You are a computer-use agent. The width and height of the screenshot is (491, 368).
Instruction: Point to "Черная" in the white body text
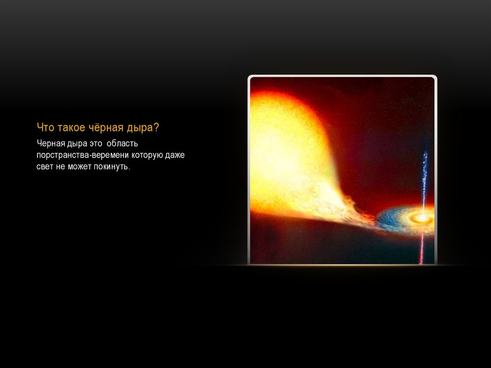point(49,143)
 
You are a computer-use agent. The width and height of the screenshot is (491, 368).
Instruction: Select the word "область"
point(122,143)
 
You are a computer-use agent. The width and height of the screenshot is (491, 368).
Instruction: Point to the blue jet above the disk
point(424,178)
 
